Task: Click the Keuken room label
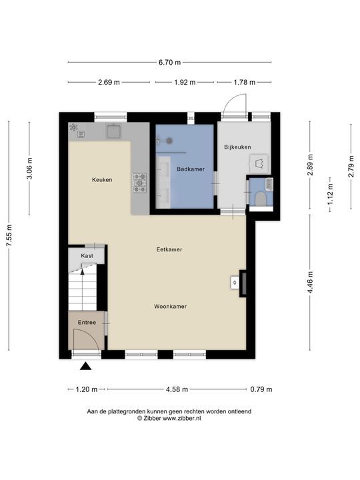tap(102, 180)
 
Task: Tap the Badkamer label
tap(191, 169)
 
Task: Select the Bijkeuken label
tap(237, 147)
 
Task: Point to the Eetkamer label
tap(169, 249)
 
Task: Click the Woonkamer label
tap(170, 307)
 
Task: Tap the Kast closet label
tap(87, 255)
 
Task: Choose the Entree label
tap(87, 323)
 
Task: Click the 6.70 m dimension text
tap(169, 63)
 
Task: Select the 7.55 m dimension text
tap(9, 235)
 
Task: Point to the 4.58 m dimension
tap(177, 389)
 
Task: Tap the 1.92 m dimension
tap(185, 83)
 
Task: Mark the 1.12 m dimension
tap(330, 195)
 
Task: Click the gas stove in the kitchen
tap(139, 183)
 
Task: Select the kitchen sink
tap(113, 131)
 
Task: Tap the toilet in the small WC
tap(261, 199)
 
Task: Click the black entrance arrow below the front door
tap(86, 366)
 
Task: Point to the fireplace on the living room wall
tap(243, 283)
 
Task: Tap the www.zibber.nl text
tap(182, 419)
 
